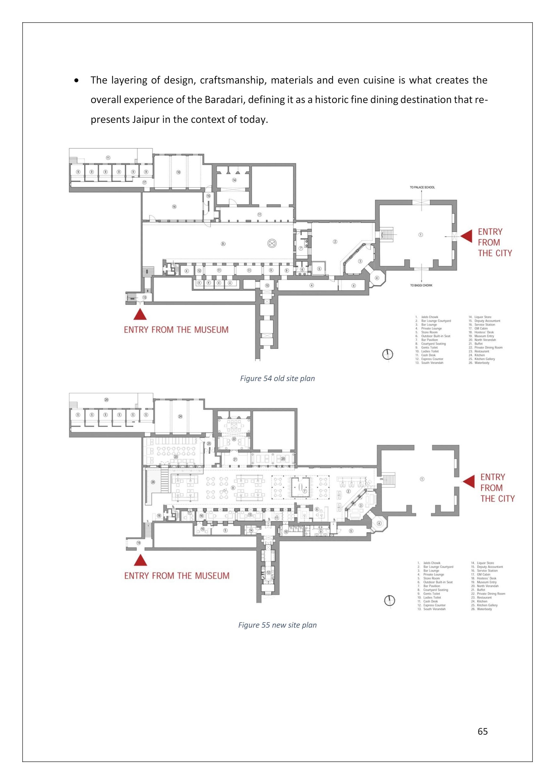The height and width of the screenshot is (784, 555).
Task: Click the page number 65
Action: (482, 731)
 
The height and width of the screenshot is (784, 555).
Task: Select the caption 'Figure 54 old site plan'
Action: (277, 378)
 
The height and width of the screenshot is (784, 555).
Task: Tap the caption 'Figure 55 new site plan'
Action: (277, 625)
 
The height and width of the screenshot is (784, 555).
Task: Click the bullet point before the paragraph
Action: (77, 80)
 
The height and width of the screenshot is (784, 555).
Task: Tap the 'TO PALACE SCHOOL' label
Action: (422, 187)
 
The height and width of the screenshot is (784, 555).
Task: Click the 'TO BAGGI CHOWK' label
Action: (421, 285)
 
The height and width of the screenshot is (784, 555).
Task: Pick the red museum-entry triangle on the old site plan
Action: (140, 315)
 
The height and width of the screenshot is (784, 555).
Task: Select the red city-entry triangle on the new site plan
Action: (469, 481)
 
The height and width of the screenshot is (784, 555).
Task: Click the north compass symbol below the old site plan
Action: (387, 355)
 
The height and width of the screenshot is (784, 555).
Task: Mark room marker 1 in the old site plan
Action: (421, 235)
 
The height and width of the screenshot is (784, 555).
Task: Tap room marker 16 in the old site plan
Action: (174, 207)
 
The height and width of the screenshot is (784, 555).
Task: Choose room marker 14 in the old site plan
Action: (234, 180)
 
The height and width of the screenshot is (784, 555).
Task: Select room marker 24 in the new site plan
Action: (180, 416)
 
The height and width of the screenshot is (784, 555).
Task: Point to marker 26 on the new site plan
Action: (153, 482)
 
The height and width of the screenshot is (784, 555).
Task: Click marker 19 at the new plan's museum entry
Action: (139, 543)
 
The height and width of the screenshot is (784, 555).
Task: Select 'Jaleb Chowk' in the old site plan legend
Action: (429, 317)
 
